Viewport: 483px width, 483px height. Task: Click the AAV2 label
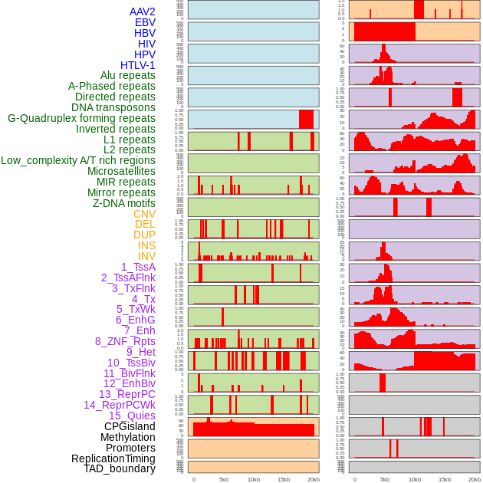click(142, 11)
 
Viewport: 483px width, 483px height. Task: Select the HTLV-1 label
click(137, 65)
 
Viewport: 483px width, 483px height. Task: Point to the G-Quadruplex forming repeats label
click(81, 118)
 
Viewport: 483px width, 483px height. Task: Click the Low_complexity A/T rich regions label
click(78, 160)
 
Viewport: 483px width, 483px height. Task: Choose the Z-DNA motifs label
click(123, 203)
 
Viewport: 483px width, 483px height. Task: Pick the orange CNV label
click(144, 214)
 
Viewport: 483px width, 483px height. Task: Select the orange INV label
click(146, 256)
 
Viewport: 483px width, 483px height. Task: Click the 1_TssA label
click(138, 267)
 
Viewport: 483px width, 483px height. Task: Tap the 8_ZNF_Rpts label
click(125, 341)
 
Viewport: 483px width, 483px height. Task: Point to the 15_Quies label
click(131, 416)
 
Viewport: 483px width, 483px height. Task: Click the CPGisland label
click(130, 426)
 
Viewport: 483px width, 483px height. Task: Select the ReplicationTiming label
click(113, 458)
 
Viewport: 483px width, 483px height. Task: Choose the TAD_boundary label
click(119, 468)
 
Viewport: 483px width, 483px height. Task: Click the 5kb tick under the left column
click(224, 479)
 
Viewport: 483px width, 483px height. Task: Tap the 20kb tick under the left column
click(313, 479)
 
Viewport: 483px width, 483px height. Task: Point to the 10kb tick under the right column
click(415, 479)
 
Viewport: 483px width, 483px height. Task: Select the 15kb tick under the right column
click(445, 479)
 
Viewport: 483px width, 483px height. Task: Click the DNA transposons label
click(113, 107)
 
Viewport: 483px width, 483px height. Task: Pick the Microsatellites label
click(121, 171)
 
